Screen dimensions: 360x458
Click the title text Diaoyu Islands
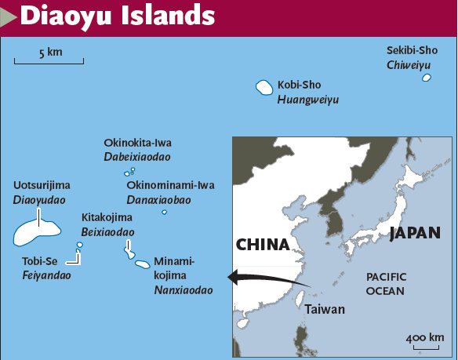point(118,16)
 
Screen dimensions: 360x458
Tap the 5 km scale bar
point(49,61)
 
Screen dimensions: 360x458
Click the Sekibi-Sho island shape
point(427,78)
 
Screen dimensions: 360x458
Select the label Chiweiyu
point(409,65)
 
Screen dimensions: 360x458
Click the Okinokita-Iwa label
point(137,143)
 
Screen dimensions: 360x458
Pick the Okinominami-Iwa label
point(170,185)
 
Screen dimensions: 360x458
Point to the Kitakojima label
point(107,218)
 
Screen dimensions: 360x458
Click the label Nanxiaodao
point(183,289)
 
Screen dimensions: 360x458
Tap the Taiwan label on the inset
point(325,309)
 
